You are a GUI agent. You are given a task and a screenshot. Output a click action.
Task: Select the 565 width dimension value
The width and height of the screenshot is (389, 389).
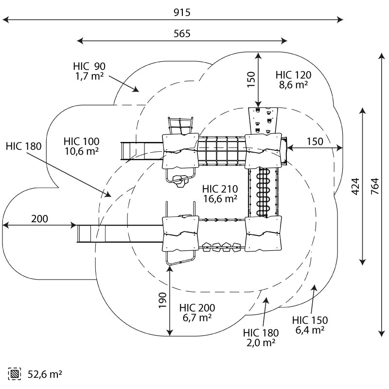click(x=182, y=34)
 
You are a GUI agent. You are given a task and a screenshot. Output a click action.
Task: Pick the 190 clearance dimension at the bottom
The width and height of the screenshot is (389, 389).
click(x=162, y=301)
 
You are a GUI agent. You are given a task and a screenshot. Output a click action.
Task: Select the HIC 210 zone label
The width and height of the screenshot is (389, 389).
click(x=220, y=189)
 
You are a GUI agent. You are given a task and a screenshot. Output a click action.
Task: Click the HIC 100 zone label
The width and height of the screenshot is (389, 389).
click(x=81, y=141)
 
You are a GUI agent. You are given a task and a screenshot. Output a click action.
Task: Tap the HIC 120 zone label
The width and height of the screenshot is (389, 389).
click(x=293, y=75)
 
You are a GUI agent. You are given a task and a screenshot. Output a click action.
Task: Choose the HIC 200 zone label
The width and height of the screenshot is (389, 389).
click(x=197, y=308)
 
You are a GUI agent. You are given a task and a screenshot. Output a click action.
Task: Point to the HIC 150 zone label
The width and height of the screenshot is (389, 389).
click(x=310, y=320)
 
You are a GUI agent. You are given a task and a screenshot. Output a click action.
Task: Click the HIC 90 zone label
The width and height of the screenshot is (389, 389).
click(x=89, y=66)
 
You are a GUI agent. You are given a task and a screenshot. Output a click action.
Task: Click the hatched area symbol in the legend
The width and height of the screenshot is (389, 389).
click(x=14, y=374)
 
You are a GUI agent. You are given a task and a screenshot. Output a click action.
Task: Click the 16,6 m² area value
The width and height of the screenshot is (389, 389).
click(x=220, y=198)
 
